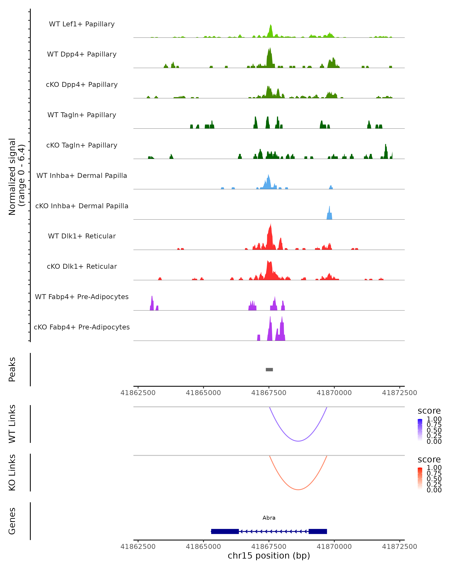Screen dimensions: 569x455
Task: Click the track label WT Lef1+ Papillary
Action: [x=82, y=24]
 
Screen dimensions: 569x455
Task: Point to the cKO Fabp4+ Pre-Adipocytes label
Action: [x=82, y=327]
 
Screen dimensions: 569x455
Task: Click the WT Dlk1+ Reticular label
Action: [x=82, y=236]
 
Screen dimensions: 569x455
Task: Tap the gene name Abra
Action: [x=269, y=518]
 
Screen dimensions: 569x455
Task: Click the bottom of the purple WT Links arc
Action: [x=298, y=441]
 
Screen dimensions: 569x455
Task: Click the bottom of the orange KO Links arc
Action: [x=298, y=490]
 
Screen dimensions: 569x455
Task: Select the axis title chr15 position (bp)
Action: [x=269, y=556]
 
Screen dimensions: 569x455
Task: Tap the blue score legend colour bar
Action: [x=420, y=430]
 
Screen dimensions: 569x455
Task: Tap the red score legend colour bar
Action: [x=420, y=479]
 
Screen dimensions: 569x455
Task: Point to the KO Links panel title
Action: [x=12, y=472]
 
